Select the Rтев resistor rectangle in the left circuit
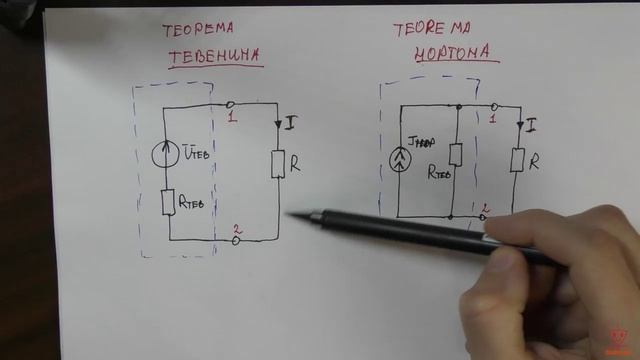168,201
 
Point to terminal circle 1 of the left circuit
231,104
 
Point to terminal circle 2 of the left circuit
236,241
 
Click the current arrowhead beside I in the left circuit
278,124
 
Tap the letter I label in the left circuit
290,122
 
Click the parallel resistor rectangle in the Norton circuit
455,154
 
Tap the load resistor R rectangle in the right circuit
517,159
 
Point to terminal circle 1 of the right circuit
495,105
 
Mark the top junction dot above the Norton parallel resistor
457,106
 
